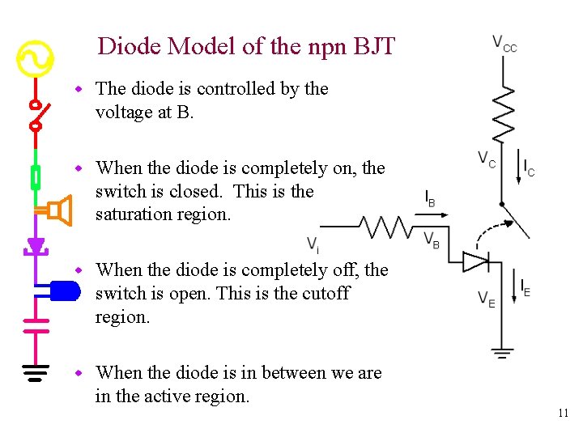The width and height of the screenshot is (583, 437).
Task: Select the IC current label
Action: click(x=529, y=168)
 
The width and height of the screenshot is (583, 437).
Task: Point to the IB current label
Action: click(x=430, y=198)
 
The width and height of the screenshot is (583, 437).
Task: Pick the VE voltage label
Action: click(x=487, y=299)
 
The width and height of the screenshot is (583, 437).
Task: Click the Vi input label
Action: click(x=313, y=244)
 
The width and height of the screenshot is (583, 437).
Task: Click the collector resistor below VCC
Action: click(x=504, y=113)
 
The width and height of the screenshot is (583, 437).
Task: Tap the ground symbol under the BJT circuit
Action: click(x=503, y=352)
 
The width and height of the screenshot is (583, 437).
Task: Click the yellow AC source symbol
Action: click(x=35, y=59)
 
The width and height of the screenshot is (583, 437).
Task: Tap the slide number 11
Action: click(x=563, y=414)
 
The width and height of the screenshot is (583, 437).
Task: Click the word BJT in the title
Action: click(x=374, y=46)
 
